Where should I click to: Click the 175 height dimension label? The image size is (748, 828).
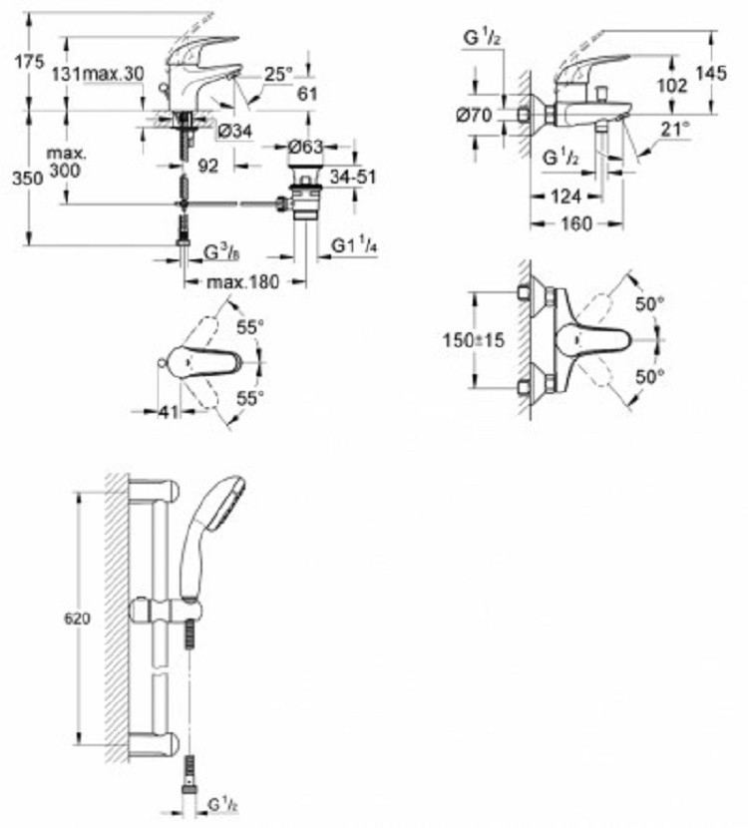29,62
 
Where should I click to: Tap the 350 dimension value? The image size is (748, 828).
28,178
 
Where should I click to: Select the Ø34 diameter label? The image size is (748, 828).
235,131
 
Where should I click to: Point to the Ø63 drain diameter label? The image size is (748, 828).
305,147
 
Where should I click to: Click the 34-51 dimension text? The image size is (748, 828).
353,177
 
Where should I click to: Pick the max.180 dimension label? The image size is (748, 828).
242,281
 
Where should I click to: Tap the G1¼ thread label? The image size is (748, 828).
354,245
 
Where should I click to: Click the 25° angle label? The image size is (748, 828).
277,75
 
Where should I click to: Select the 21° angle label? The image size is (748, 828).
675,129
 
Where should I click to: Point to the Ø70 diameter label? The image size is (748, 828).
475,115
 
